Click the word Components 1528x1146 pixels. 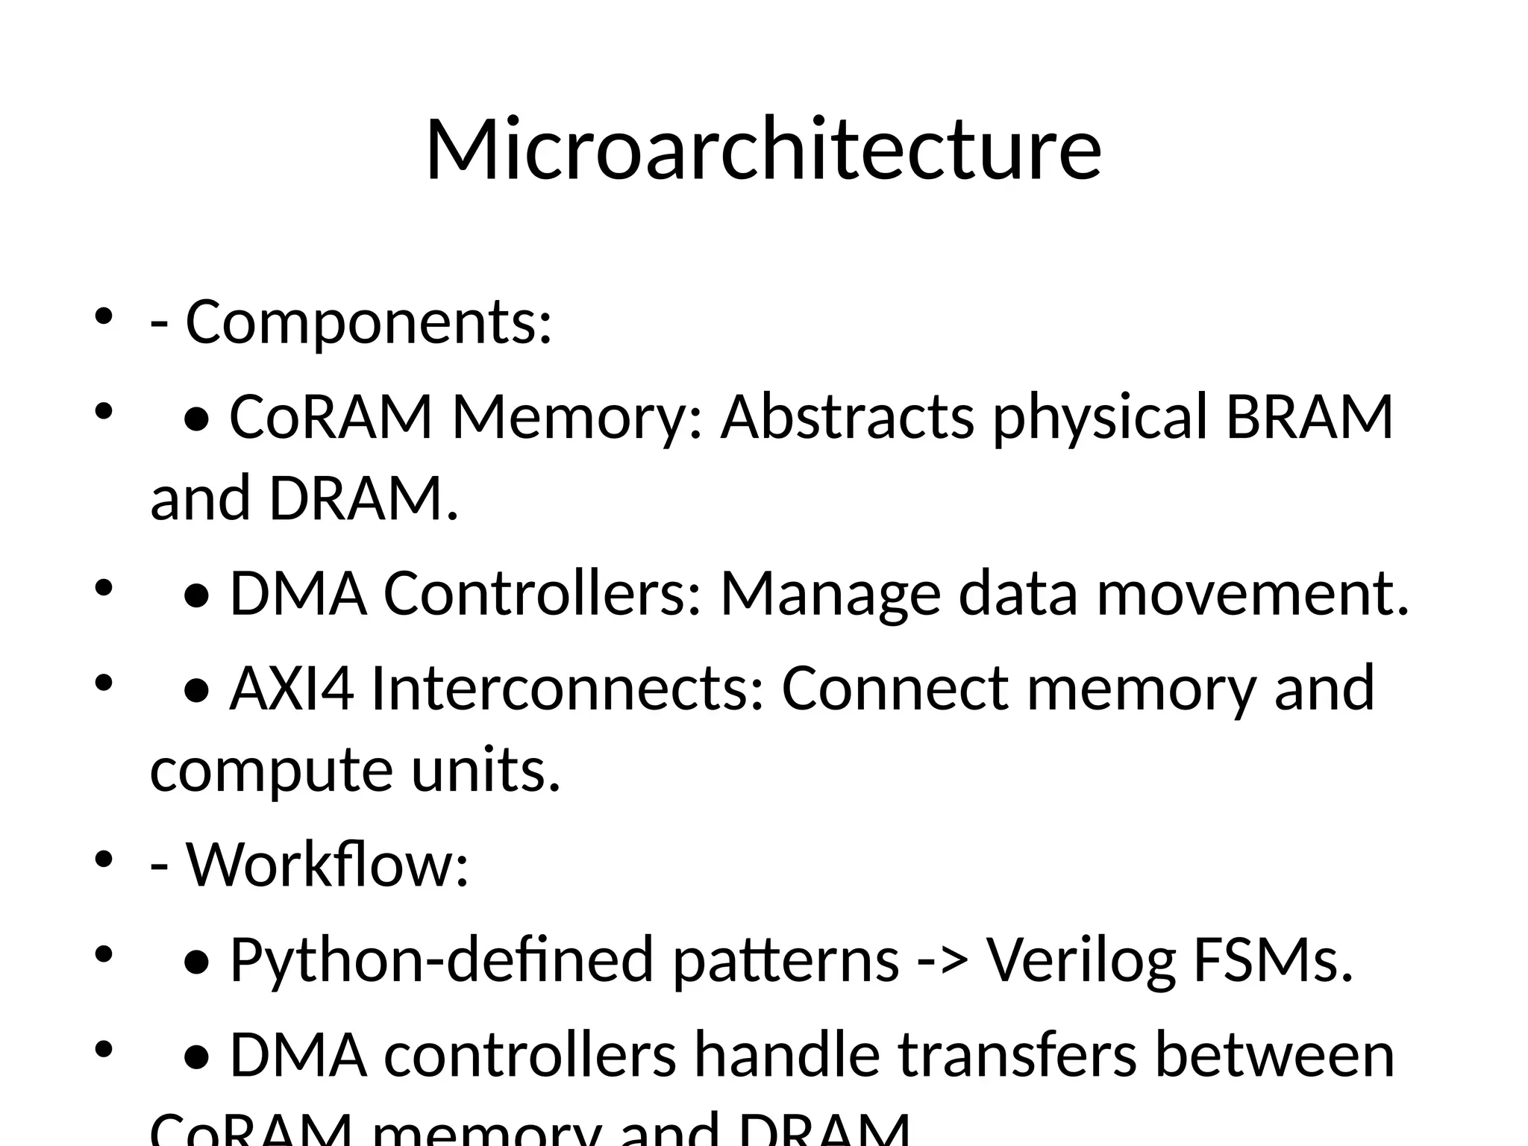[x=368, y=322]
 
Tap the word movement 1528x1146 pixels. [x=1253, y=594]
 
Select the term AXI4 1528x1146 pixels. [x=291, y=688]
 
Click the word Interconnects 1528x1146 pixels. [x=568, y=688]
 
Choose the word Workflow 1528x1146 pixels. [x=327, y=864]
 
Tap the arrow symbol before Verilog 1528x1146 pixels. [x=942, y=961]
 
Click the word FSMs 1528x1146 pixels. [x=1273, y=959]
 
